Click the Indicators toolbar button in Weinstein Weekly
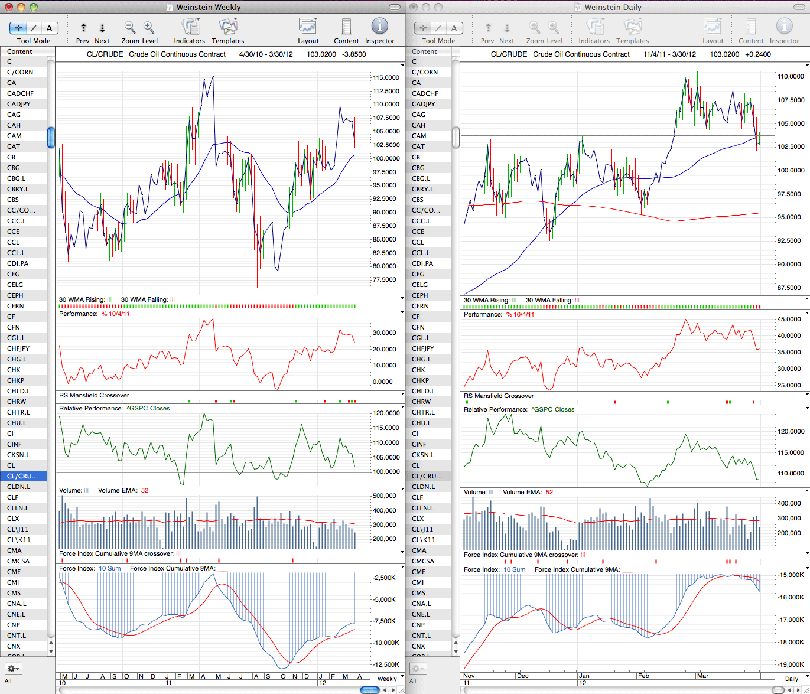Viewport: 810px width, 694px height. [189, 31]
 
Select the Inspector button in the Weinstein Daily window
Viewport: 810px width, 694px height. [784, 31]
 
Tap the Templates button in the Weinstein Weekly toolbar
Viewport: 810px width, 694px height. [227, 31]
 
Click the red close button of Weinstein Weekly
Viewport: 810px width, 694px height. [9, 7]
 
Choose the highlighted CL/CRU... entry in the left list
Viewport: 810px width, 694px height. [22, 475]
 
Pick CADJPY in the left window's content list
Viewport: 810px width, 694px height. [19, 104]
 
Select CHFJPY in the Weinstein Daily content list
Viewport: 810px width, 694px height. [423, 348]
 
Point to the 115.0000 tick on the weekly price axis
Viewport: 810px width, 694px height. [386, 77]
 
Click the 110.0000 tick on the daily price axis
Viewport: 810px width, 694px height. [791, 76]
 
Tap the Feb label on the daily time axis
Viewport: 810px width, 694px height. [643, 676]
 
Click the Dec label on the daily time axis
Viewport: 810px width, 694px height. [522, 676]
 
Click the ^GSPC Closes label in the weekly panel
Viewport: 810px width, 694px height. [148, 408]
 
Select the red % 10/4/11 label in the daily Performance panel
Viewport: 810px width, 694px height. [520, 314]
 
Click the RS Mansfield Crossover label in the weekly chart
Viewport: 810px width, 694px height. [94, 395]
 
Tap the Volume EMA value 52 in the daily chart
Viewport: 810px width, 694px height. [549, 492]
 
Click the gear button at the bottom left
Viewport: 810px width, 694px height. [14, 668]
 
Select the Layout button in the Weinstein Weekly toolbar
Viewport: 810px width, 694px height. [308, 31]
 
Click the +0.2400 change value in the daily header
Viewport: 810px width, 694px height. [758, 54]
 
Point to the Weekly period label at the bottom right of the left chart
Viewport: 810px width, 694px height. [387, 679]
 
